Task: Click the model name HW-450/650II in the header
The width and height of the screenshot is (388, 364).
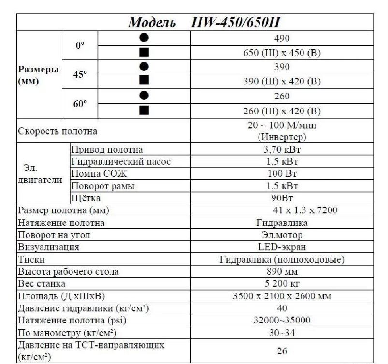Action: click(237, 22)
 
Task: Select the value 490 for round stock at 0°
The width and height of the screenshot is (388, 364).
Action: click(282, 38)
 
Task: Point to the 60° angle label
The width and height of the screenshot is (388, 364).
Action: click(80, 104)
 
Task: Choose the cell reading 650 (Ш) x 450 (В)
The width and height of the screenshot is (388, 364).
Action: click(282, 53)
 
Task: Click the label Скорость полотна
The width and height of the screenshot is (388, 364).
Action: click(57, 131)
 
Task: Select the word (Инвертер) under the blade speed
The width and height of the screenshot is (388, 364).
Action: click(282, 137)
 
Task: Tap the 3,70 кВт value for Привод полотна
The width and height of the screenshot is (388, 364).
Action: click(282, 150)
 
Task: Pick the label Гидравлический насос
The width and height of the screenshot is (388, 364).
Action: click(121, 162)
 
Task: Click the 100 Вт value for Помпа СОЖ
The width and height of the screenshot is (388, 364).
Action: click(282, 174)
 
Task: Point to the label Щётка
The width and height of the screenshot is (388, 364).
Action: click(86, 198)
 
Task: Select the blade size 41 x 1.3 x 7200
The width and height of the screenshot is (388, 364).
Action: click(304, 210)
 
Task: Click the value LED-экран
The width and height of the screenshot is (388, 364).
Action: click(282, 247)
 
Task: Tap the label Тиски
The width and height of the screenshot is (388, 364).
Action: click(31, 260)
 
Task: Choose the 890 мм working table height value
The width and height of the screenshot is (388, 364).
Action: click(282, 272)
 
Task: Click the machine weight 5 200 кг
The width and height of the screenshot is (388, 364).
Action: click(282, 284)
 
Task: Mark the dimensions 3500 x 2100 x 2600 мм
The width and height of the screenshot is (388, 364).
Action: click(282, 296)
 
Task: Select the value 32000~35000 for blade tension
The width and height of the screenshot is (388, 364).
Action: click(282, 320)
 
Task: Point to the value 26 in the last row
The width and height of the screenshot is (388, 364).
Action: click(282, 351)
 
